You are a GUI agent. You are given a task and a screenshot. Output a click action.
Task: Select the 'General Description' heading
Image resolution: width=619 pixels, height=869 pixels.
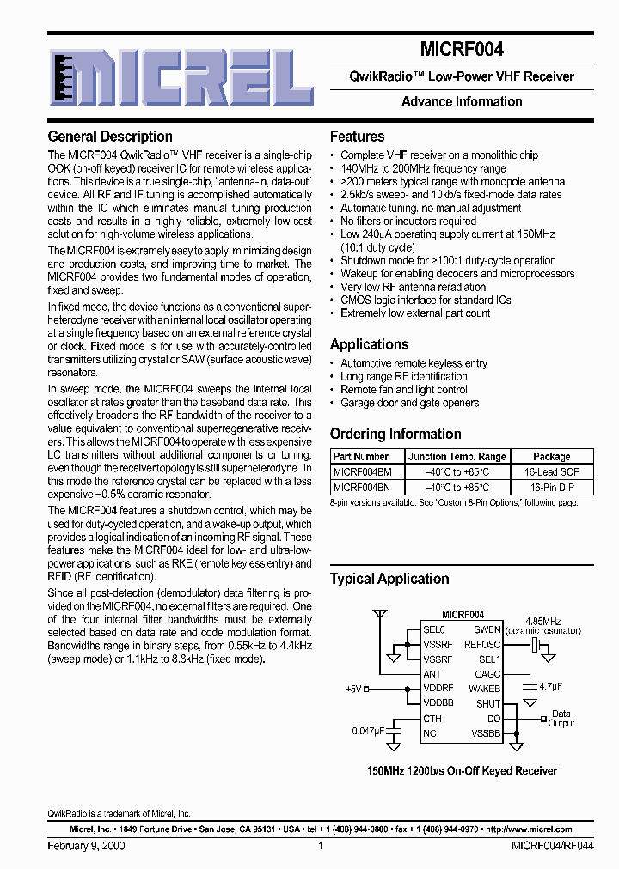(x=110, y=137)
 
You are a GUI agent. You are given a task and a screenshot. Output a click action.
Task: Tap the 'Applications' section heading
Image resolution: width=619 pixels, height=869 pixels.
(x=370, y=344)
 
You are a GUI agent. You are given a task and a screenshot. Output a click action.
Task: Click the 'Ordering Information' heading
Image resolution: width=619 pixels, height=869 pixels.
(x=395, y=434)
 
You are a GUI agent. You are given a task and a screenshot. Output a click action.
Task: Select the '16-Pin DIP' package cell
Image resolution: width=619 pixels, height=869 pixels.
(x=551, y=488)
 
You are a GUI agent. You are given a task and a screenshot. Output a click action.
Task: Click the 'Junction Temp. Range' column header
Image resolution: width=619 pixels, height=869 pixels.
(x=457, y=457)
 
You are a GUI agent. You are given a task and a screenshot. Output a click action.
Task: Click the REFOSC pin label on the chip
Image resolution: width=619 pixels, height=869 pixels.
(x=481, y=644)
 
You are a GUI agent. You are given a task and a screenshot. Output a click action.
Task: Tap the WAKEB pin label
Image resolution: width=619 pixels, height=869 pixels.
(x=485, y=689)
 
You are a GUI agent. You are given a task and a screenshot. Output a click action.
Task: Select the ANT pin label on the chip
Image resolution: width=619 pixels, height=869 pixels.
(x=432, y=674)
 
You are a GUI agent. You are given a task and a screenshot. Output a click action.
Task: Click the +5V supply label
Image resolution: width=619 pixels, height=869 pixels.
(x=355, y=689)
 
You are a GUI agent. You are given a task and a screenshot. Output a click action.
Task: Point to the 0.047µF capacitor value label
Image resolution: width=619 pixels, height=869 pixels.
(x=369, y=731)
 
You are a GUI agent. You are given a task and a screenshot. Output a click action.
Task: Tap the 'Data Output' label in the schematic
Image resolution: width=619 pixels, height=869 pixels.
(x=561, y=718)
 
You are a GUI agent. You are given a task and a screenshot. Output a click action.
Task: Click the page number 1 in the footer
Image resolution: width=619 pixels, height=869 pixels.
(x=320, y=846)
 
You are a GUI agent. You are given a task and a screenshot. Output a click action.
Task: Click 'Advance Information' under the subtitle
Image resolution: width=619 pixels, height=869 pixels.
(x=462, y=101)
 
